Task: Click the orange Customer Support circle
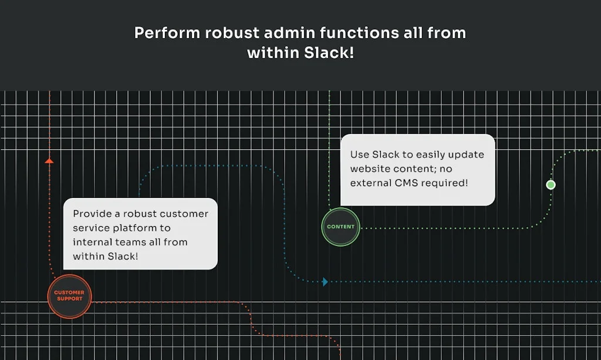click(x=69, y=296)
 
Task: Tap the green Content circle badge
click(x=340, y=227)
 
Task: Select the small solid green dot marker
click(x=551, y=184)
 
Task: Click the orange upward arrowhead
click(x=49, y=160)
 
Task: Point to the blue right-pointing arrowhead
click(x=325, y=282)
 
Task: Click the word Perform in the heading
click(x=167, y=33)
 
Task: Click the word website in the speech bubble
click(x=371, y=169)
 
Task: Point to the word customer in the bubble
click(x=184, y=214)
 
